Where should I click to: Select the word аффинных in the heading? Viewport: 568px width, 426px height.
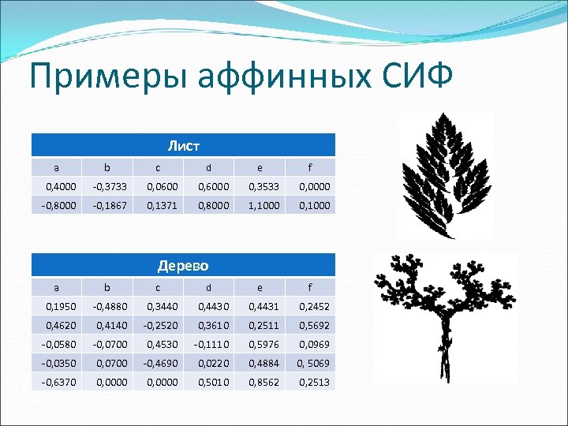pyautogui.click(x=265, y=78)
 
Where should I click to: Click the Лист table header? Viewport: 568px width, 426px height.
pyautogui.click(x=183, y=145)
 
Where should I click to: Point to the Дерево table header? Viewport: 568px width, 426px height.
pyautogui.click(x=183, y=265)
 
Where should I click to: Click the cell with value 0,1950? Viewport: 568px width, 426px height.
pyautogui.click(x=56, y=306)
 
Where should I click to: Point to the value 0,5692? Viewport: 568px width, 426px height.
pyautogui.click(x=313, y=325)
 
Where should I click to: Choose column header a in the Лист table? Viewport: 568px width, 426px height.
pyautogui.click(x=54, y=167)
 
